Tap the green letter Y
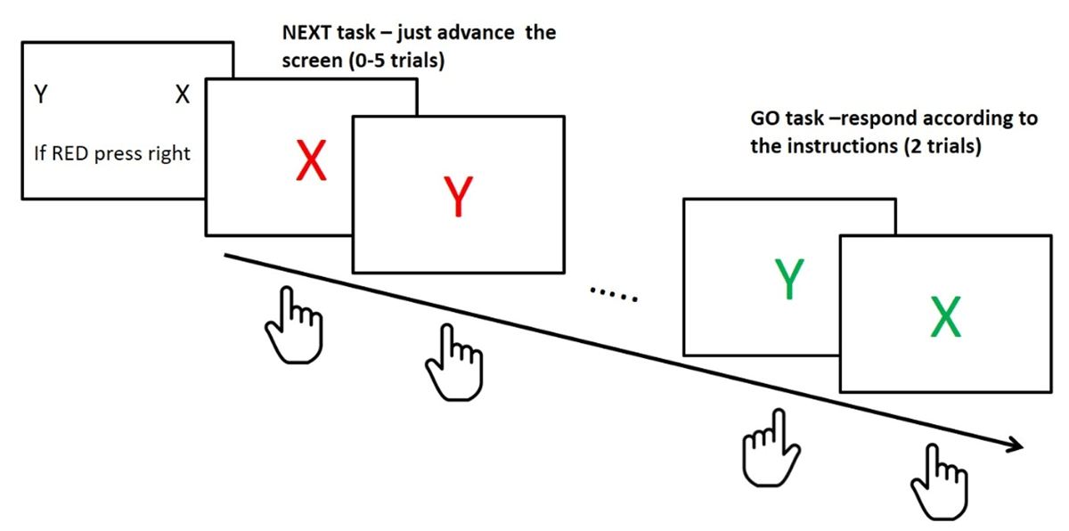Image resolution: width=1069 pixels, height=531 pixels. (x=787, y=280)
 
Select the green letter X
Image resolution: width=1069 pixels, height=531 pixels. (x=945, y=318)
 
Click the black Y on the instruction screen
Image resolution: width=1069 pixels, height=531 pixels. (x=40, y=94)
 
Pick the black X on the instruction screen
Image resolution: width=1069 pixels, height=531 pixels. (x=183, y=94)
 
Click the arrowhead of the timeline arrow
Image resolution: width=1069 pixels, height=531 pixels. (x=1013, y=445)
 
